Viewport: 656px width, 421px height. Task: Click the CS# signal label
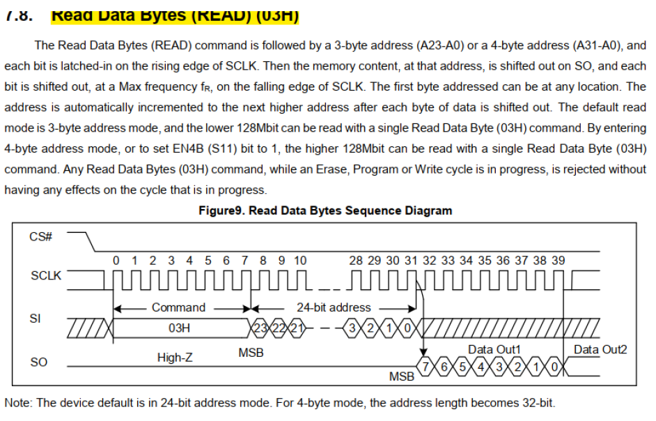coord(41,237)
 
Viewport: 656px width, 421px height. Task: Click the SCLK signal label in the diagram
coord(46,275)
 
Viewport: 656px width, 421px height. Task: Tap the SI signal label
coord(35,318)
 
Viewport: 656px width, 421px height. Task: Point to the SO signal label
coord(39,363)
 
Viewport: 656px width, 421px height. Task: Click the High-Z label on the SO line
coord(175,358)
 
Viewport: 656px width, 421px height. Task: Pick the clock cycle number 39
coord(559,260)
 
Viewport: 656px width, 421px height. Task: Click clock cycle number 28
coord(356,260)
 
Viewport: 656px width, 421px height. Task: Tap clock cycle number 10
coord(299,260)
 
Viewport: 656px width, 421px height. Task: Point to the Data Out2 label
coord(600,349)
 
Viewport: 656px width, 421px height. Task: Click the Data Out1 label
coord(494,349)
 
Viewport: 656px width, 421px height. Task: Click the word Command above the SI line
coord(178,307)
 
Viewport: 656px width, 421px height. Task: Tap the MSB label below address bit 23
coord(251,353)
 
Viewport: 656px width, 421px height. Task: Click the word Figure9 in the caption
coord(221,210)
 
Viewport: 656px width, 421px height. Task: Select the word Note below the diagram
coord(18,402)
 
